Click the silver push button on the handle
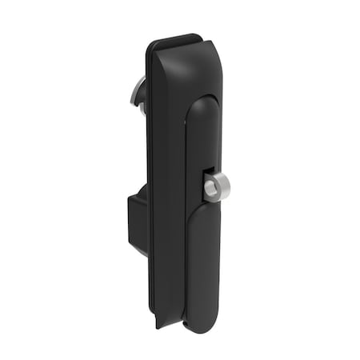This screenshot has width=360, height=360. point(211,187)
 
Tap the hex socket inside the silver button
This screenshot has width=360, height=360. point(209,188)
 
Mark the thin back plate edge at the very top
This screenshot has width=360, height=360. point(174,37)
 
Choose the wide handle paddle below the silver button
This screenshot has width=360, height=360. point(206,256)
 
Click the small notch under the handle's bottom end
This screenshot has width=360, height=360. point(186,327)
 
